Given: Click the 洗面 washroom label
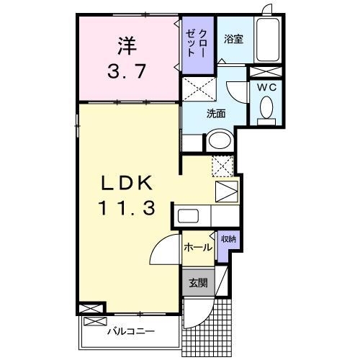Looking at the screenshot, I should click(216, 113).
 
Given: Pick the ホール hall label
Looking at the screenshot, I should click(197, 247).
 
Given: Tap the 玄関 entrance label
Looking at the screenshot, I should click(198, 283).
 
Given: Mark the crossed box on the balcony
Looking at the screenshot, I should click(93, 307).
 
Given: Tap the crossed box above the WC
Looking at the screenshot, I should click(266, 71).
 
